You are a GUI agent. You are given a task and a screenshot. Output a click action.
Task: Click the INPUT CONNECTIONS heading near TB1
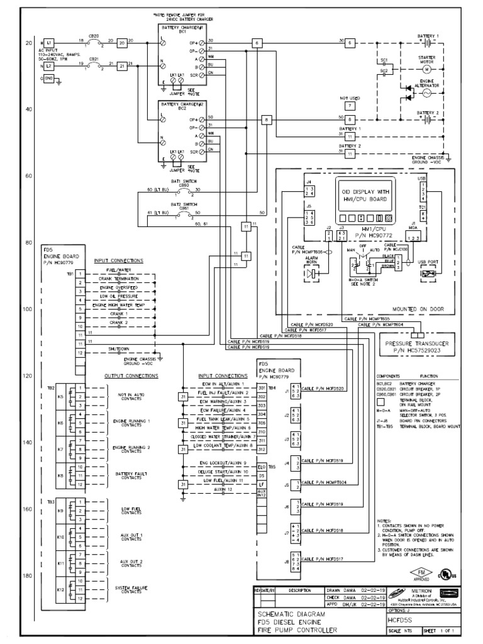pos(118,260)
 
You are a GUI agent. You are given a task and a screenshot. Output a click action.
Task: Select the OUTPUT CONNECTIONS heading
pos(131,375)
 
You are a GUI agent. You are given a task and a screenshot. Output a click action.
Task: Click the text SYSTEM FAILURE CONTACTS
pos(131,589)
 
